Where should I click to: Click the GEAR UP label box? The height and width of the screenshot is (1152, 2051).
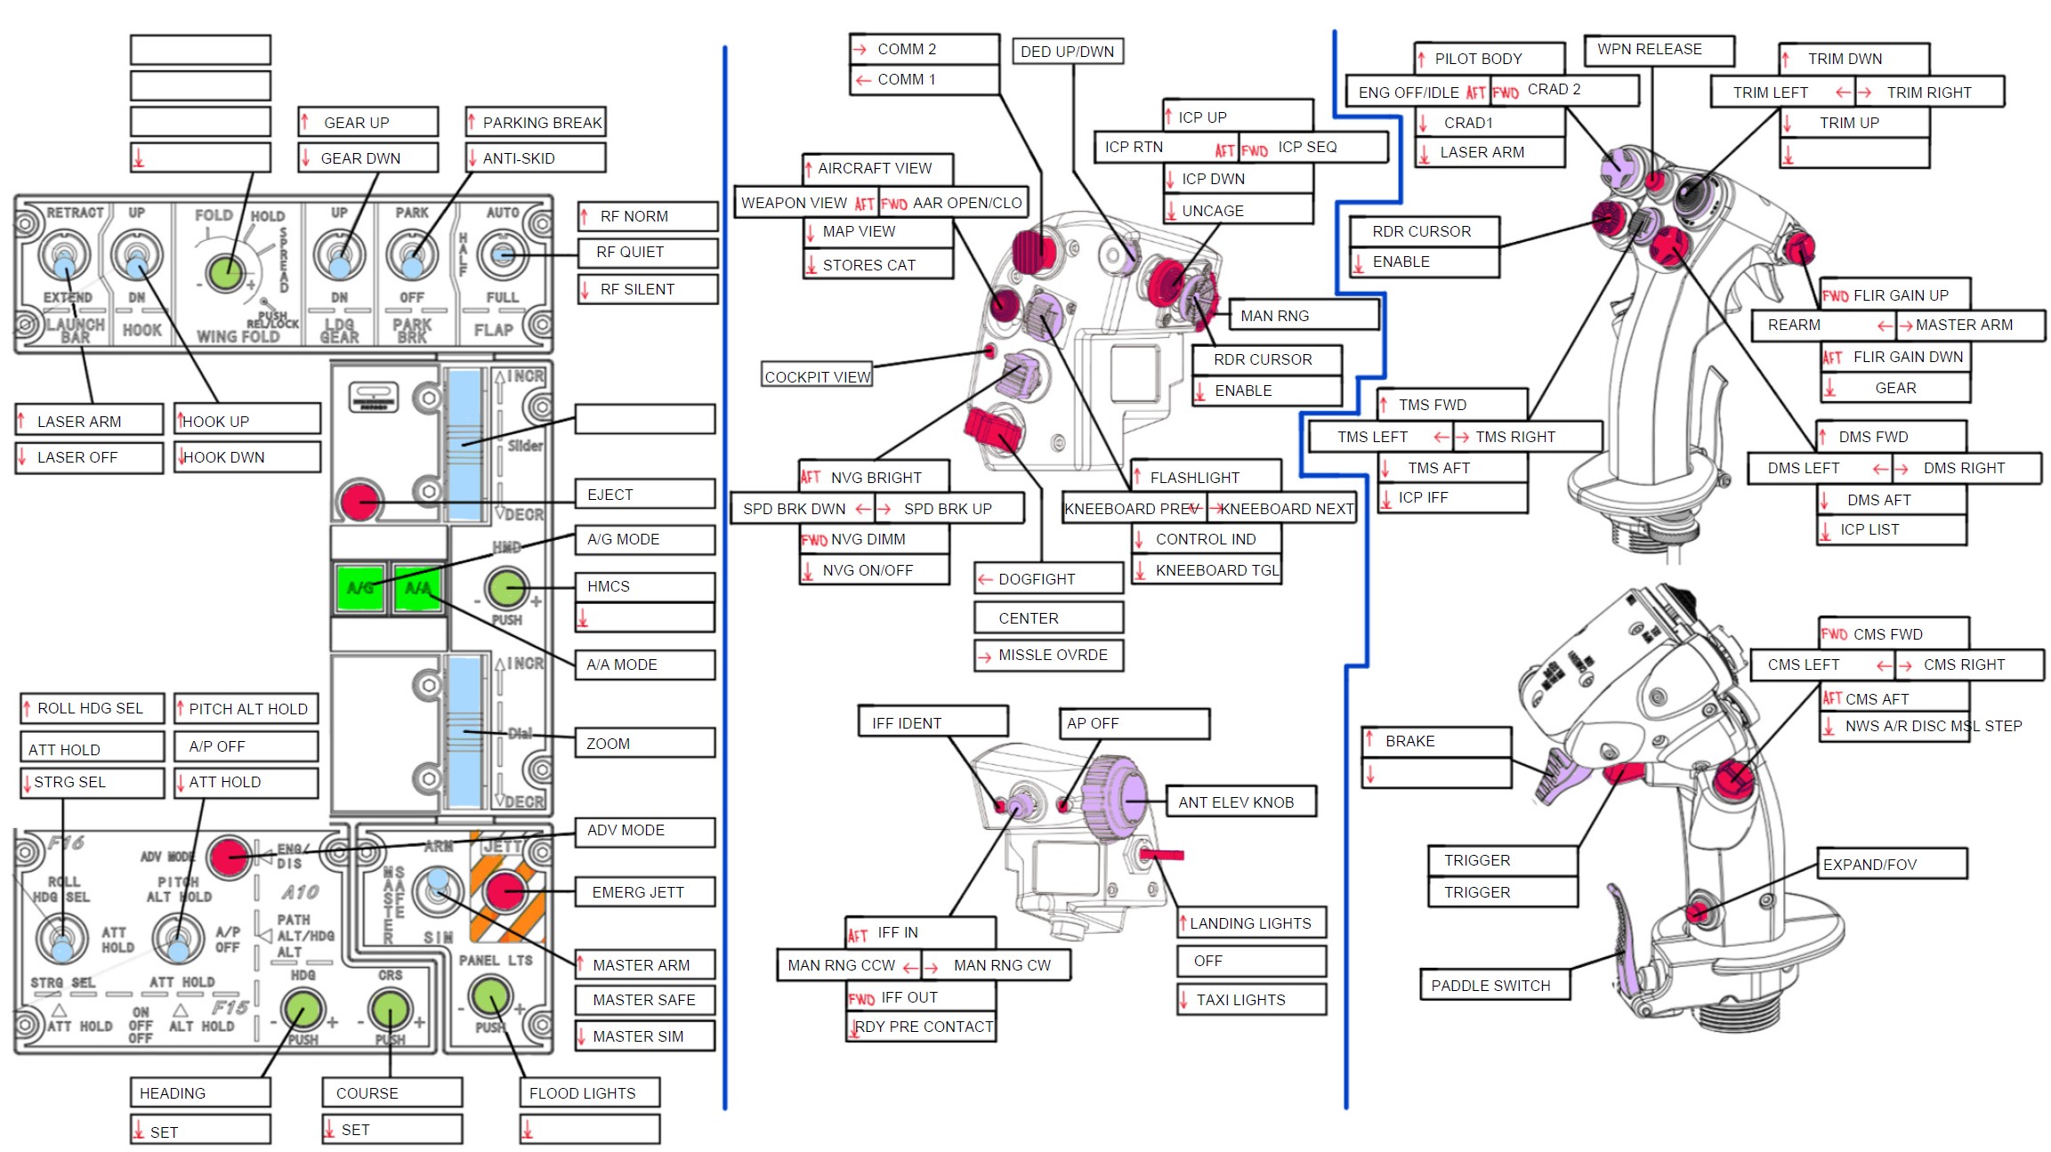pyautogui.click(x=367, y=122)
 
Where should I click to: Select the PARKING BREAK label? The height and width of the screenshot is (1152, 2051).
pyautogui.click(x=536, y=122)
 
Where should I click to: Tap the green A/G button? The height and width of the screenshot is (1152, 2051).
pyautogui.click(x=360, y=587)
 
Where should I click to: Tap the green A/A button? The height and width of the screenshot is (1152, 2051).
pyautogui.click(x=417, y=587)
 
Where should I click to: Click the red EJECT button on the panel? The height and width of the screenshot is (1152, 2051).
pyautogui.click(x=359, y=502)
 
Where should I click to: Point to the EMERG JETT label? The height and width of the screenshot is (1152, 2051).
pyautogui.click(x=644, y=891)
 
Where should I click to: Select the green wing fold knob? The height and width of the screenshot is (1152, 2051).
pyautogui.click(x=225, y=272)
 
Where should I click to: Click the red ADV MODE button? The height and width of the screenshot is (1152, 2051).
pyautogui.click(x=229, y=857)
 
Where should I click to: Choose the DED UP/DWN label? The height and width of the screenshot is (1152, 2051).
pyautogui.click(x=1067, y=52)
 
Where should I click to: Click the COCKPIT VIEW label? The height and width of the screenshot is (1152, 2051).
pyautogui.click(x=817, y=376)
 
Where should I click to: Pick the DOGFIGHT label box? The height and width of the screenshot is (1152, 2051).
pyautogui.click(x=1047, y=578)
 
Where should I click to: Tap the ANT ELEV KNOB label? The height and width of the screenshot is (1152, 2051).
pyautogui.click(x=1240, y=802)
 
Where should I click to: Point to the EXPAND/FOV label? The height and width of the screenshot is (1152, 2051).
pyautogui.click(x=1890, y=864)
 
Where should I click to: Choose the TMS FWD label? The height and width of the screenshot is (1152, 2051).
pyautogui.click(x=1451, y=405)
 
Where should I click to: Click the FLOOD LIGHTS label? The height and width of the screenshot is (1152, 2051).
pyautogui.click(x=589, y=1092)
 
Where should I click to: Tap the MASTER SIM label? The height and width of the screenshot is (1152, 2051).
pyautogui.click(x=644, y=1035)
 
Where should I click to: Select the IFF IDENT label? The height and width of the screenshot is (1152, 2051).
pyautogui.click(x=933, y=722)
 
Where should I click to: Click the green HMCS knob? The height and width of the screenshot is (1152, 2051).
pyautogui.click(x=506, y=587)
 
